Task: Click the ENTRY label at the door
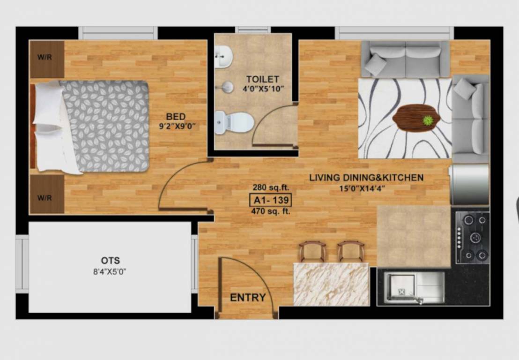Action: pos(248,298)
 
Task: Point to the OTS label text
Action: pos(110,261)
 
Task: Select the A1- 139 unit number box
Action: pos(271,200)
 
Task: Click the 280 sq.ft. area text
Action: pos(271,188)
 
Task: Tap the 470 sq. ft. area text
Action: pos(271,211)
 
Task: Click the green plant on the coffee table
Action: pos(428,120)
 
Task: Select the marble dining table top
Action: pos(331,284)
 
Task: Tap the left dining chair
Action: pos(312,252)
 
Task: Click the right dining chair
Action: pos(351,252)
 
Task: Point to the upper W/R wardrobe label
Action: pos(45,58)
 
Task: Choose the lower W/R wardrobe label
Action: pos(45,197)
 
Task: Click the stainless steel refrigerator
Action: pos(469,184)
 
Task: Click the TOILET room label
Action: pos(262,79)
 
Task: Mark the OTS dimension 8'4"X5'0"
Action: pos(110,271)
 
